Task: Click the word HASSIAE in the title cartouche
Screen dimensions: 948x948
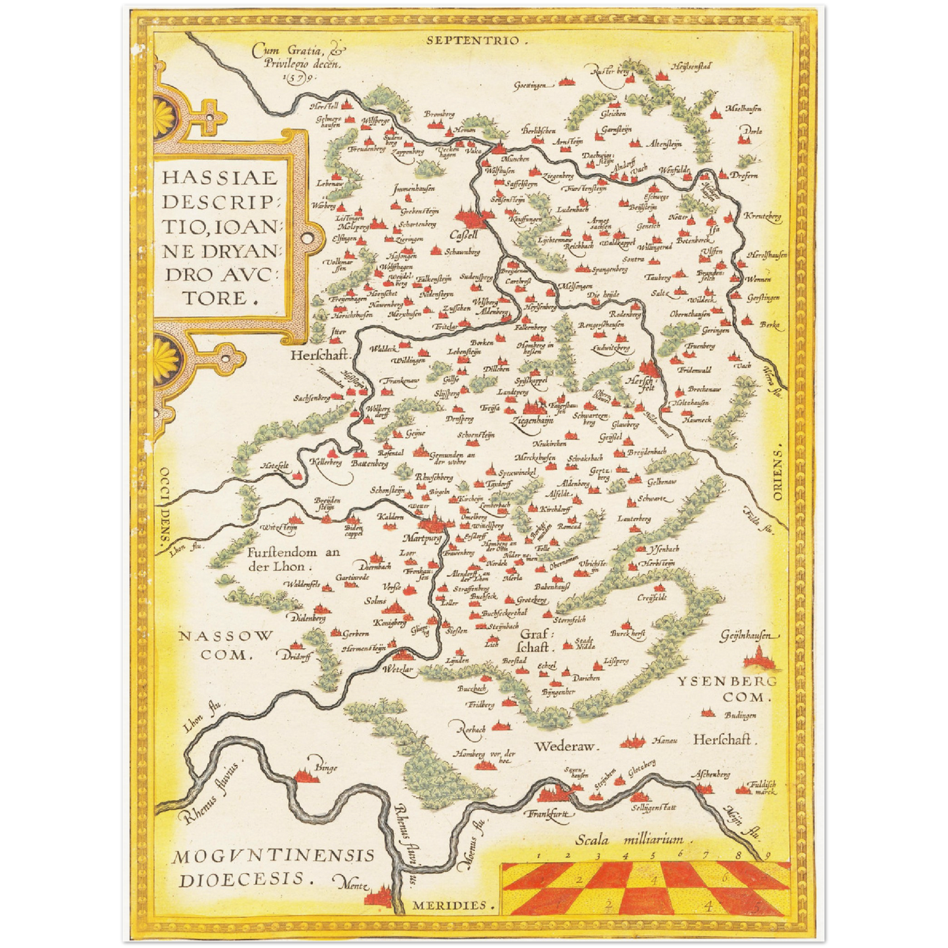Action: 220,177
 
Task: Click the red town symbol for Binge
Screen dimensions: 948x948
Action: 306,777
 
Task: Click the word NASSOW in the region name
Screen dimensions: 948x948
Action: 226,636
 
